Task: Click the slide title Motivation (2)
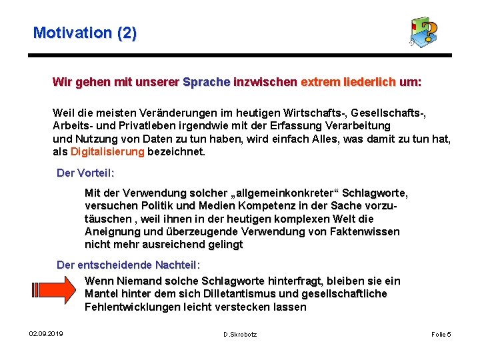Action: coord(85,33)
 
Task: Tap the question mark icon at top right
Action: coord(425,32)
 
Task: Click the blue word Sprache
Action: coord(206,83)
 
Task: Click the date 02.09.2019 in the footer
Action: coord(46,333)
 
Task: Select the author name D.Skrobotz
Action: coord(240,333)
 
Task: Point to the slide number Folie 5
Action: coord(441,333)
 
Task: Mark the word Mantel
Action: coord(101,294)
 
